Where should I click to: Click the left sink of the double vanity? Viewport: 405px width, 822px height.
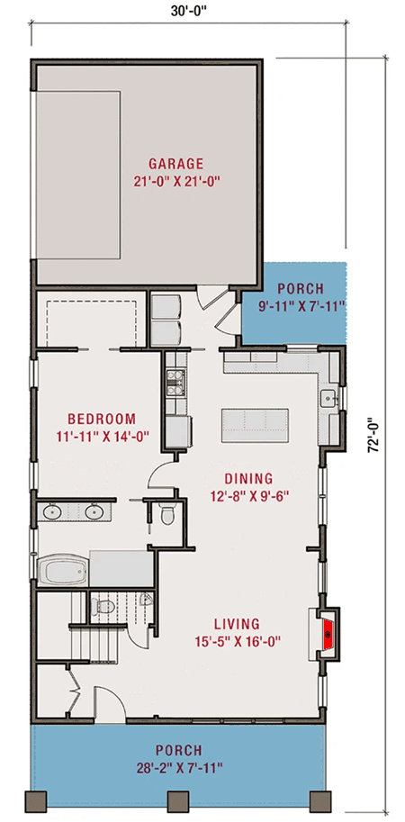coord(50,513)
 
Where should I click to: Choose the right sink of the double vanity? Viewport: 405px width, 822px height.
coord(94,513)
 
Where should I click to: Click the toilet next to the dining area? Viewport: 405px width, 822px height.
coord(166,516)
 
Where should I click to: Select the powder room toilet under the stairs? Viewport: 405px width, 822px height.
coord(103,607)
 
